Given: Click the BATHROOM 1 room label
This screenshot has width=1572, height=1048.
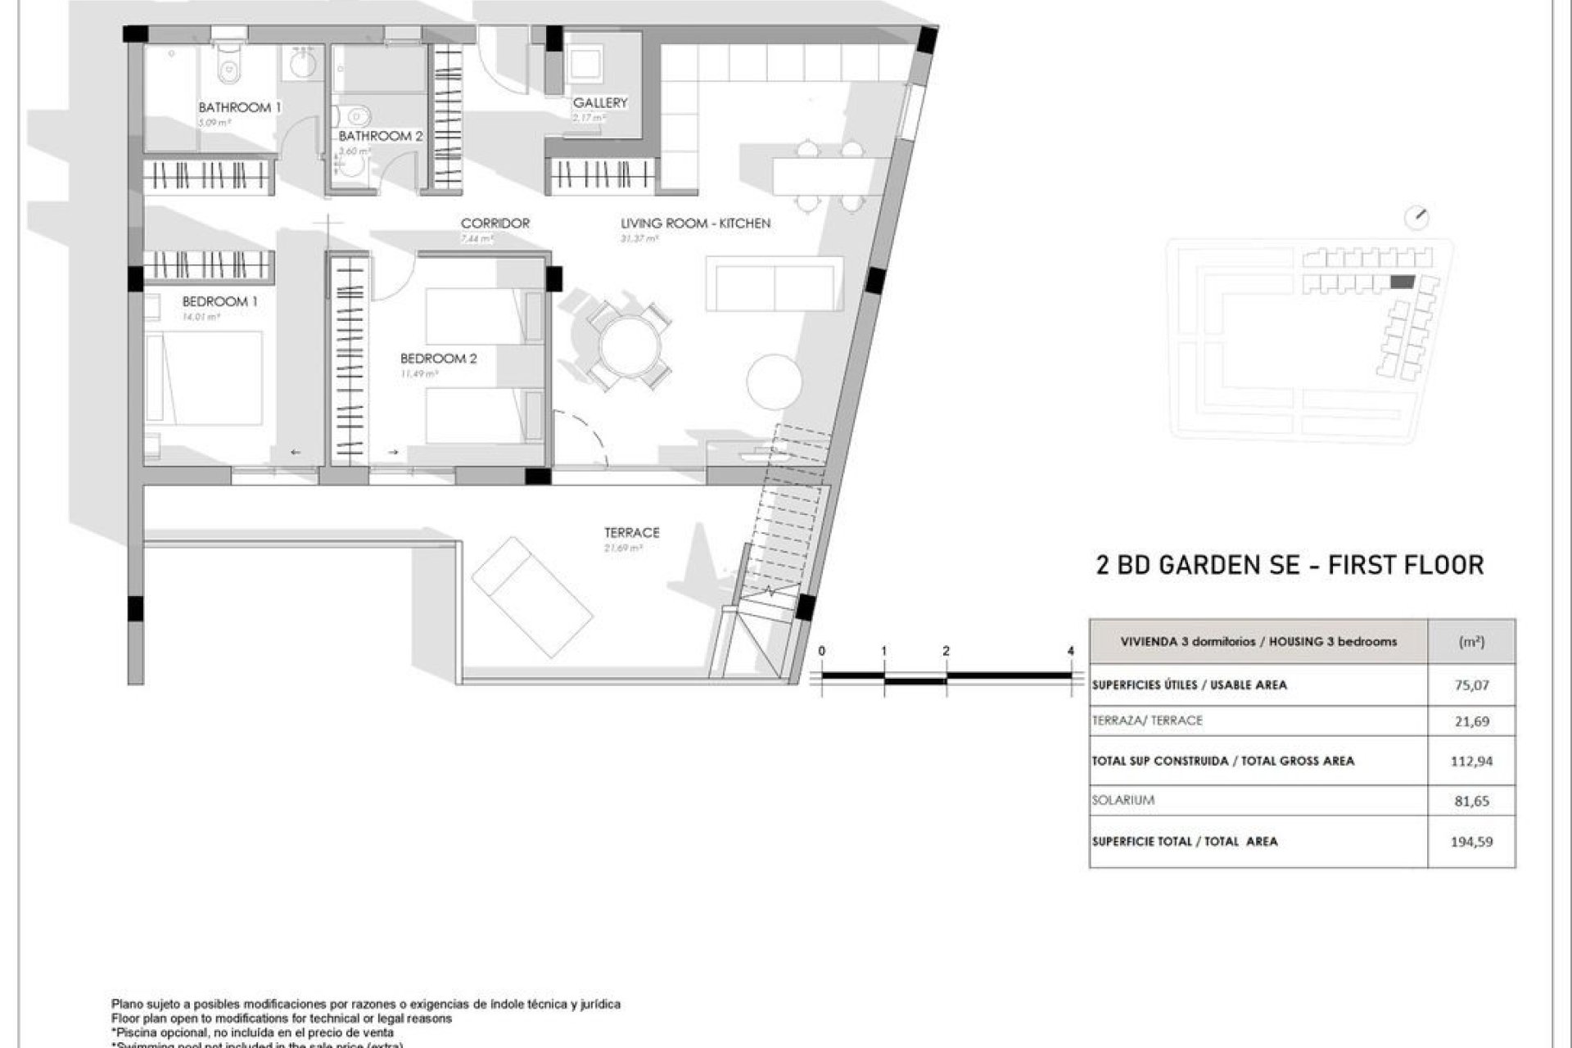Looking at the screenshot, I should coord(240,107).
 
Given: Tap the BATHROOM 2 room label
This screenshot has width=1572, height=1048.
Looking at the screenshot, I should coord(381,136).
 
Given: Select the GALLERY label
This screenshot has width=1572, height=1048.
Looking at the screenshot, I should coord(600,102).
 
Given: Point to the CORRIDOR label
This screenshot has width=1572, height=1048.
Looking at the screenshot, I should coord(495,223).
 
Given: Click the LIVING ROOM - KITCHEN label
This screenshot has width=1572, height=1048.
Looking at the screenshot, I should coord(695,223).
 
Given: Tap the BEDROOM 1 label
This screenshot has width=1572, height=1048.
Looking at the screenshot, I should coord(219,301).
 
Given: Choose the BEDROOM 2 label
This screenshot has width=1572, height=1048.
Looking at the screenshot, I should coord(438,359).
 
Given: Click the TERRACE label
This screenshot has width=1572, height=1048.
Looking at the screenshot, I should coord(631,532).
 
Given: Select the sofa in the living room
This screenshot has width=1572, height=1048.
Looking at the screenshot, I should coord(774,283).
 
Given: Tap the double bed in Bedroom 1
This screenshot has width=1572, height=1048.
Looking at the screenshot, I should coord(205,377).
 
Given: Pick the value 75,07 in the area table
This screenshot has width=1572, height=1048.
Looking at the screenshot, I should coord(1471,685).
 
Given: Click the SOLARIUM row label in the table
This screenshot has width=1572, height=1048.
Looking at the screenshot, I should coord(1123,800).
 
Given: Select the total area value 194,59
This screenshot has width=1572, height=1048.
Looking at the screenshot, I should coord(1471,841).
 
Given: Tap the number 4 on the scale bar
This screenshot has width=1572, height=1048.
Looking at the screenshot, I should coord(1071,651).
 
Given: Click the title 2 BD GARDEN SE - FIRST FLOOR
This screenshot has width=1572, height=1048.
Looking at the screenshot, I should coord(1290,565).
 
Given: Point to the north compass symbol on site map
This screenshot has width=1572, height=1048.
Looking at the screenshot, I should coord(1416,219).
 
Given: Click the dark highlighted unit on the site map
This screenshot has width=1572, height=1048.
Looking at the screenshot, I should coord(1403,282).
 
